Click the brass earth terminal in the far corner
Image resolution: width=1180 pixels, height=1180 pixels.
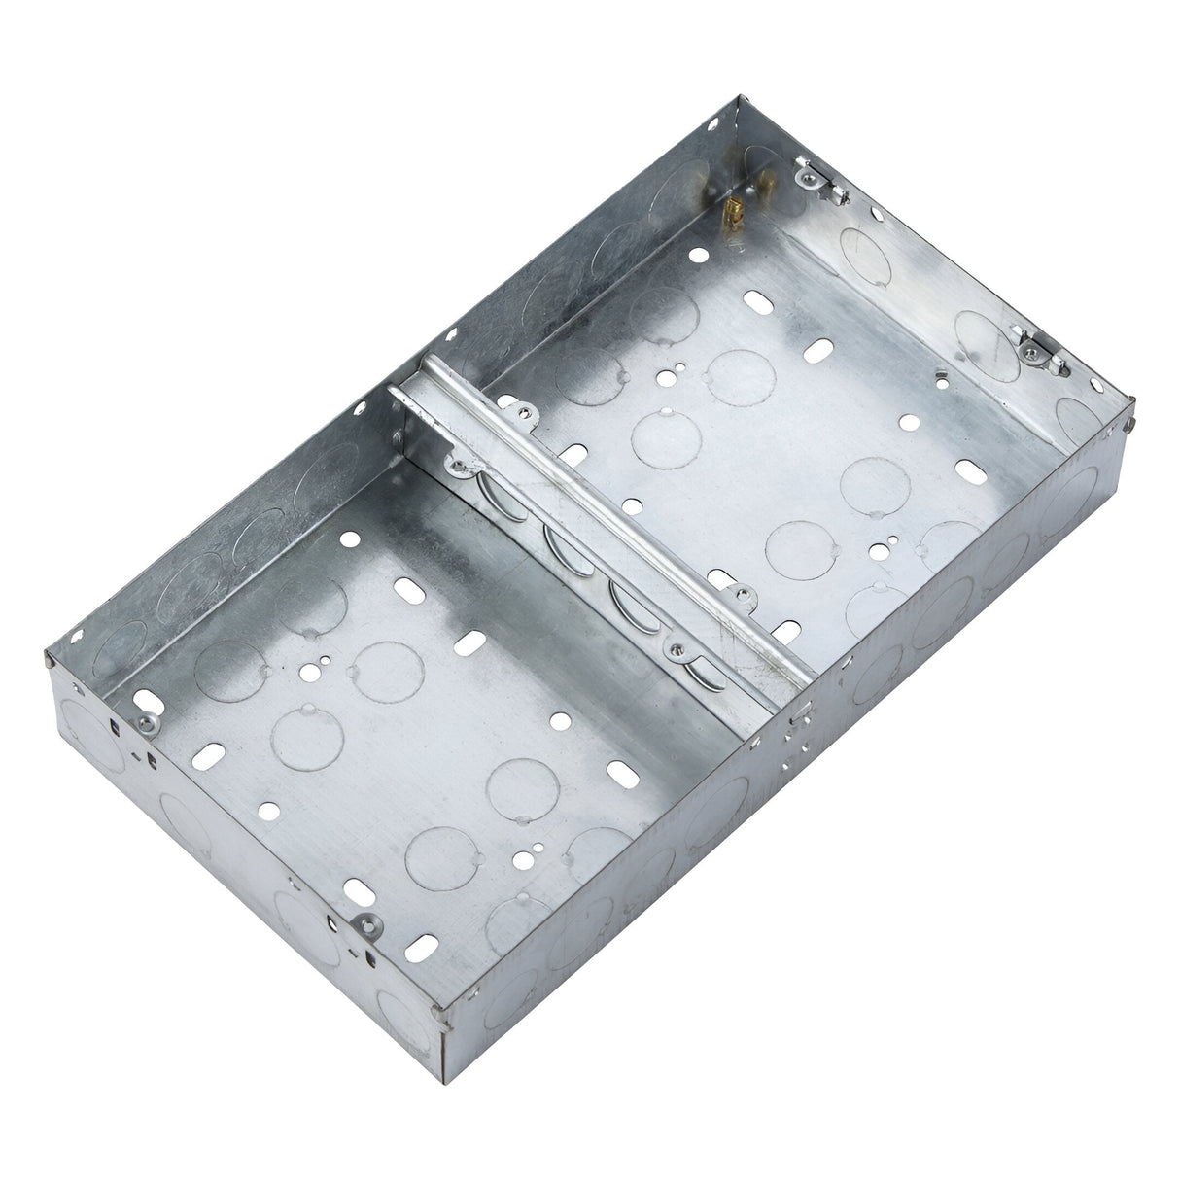click(736, 207)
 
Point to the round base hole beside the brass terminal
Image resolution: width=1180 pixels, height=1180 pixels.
click(698, 255)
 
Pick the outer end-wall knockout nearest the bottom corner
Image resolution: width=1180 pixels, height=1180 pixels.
click(408, 1021)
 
